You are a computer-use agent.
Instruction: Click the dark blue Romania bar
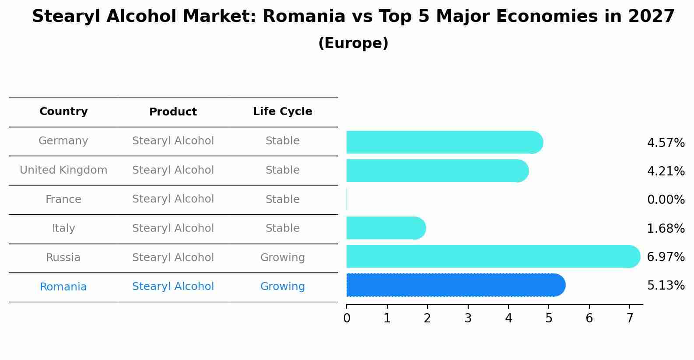(455, 285)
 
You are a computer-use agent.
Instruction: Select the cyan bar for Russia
(492, 256)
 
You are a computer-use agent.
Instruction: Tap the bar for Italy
(386, 228)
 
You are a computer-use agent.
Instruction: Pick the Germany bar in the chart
(444, 142)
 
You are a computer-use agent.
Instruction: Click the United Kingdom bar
(437, 171)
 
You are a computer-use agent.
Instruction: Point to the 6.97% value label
(666, 257)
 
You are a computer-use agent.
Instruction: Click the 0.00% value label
(666, 200)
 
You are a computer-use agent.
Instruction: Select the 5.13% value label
(666, 286)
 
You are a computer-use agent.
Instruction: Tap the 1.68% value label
(666, 228)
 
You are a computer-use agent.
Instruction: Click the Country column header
(63, 112)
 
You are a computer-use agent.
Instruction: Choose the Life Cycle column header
(282, 112)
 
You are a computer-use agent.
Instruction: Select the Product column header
(173, 112)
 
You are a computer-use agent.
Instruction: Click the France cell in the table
(63, 199)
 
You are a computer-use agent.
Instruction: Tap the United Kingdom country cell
(63, 170)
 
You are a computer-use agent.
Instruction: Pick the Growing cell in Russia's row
(282, 258)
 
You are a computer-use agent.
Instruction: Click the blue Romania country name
(63, 287)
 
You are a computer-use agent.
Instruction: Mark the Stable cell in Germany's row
(282, 141)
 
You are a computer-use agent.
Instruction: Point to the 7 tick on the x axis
(630, 318)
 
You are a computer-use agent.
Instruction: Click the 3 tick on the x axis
(468, 318)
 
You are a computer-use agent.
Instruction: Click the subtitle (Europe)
(353, 43)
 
